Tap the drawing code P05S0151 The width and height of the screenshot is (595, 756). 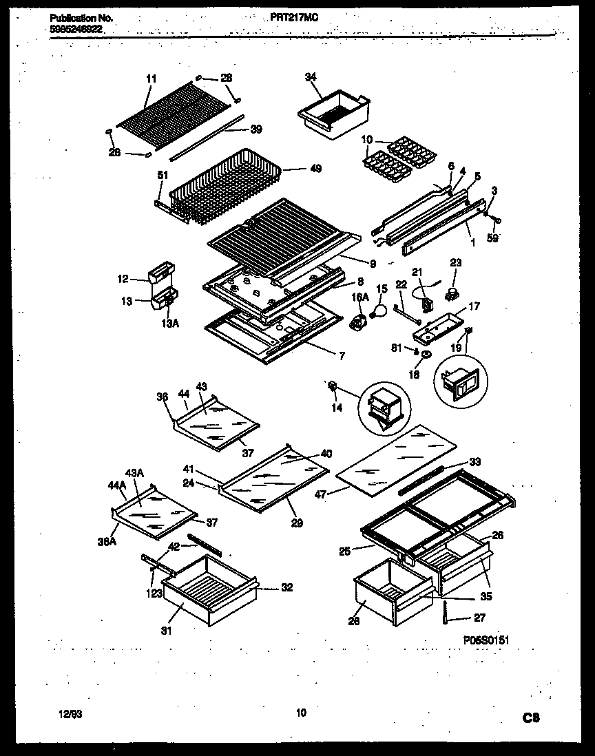pos(486,640)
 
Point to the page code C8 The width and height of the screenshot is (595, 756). pos(530,718)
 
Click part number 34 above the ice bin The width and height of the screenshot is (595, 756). pos(309,77)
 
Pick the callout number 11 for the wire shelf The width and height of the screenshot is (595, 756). pos(152,79)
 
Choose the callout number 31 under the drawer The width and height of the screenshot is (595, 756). pos(165,629)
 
